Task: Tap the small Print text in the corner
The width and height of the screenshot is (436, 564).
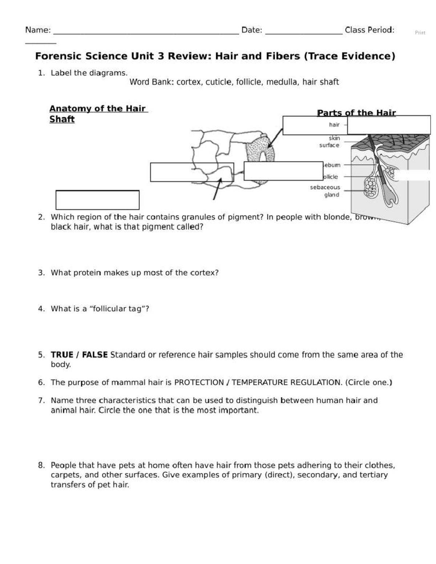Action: pyautogui.click(x=420, y=33)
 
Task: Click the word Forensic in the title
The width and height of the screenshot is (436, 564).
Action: pyautogui.click(x=58, y=56)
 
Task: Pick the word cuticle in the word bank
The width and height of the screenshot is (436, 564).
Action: pyautogui.click(x=219, y=82)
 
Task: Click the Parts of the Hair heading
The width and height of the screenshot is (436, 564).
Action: pyautogui.click(x=356, y=113)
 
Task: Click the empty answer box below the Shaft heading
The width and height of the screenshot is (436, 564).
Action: pyautogui.click(x=97, y=200)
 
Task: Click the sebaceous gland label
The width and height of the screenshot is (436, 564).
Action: pyautogui.click(x=325, y=191)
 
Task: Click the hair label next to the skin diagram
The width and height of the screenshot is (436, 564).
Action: pyautogui.click(x=334, y=125)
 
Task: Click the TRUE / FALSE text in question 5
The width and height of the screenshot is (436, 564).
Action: pyautogui.click(x=79, y=355)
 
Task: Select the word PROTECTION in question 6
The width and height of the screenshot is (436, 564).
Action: pyautogui.click(x=199, y=382)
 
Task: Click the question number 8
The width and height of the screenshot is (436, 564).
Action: pyautogui.click(x=41, y=465)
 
